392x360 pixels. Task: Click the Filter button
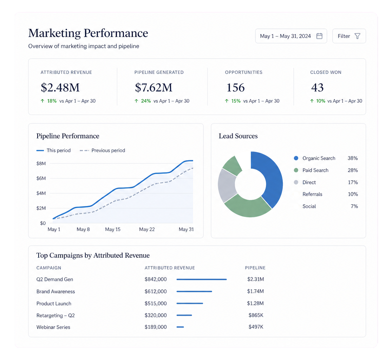(349, 36)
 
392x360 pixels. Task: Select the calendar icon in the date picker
(319, 36)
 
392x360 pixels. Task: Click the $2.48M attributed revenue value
(60, 88)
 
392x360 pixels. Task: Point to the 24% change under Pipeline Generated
(146, 101)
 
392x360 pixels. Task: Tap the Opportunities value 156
(235, 88)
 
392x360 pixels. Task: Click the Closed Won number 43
(317, 88)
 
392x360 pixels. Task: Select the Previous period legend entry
(102, 150)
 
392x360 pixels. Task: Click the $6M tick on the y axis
(41, 178)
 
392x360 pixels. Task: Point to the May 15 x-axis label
(113, 230)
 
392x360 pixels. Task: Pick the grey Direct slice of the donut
(227, 185)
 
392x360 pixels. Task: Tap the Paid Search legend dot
(296, 171)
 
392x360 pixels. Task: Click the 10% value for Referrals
(353, 194)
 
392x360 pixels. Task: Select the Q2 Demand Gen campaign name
(55, 279)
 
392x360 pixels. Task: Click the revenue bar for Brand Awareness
(194, 291)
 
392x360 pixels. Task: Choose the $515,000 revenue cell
(156, 303)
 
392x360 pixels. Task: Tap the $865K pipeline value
(256, 315)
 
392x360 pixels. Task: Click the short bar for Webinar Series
(180, 327)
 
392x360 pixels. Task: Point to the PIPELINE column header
(255, 268)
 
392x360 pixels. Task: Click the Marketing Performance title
(88, 33)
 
